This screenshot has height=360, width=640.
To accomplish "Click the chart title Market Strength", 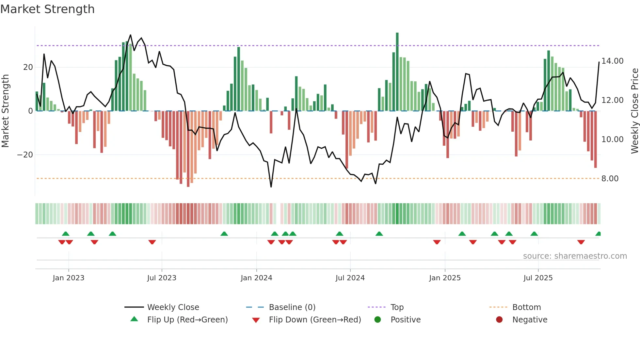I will pyautogui.click(x=47, y=9).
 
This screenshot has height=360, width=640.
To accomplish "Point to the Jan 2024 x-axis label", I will pyautogui.click(x=256, y=278).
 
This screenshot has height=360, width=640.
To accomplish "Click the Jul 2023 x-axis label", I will pyautogui.click(x=162, y=278).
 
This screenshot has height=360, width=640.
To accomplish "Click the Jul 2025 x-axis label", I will pyautogui.click(x=538, y=278).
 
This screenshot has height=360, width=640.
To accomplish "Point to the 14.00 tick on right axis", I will pyautogui.click(x=612, y=61).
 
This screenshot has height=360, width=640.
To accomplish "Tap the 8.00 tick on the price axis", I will pyautogui.click(x=610, y=179).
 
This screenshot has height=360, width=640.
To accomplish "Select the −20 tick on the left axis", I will pyautogui.click(x=25, y=155).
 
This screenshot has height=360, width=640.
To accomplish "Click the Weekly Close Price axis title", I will pyautogui.click(x=634, y=111).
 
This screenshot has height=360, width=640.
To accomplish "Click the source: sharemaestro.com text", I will pyautogui.click(x=575, y=256).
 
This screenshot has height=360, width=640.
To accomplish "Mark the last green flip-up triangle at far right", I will pyautogui.click(x=598, y=234).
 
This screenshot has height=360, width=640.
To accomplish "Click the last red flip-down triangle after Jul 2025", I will pyautogui.click(x=581, y=242).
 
